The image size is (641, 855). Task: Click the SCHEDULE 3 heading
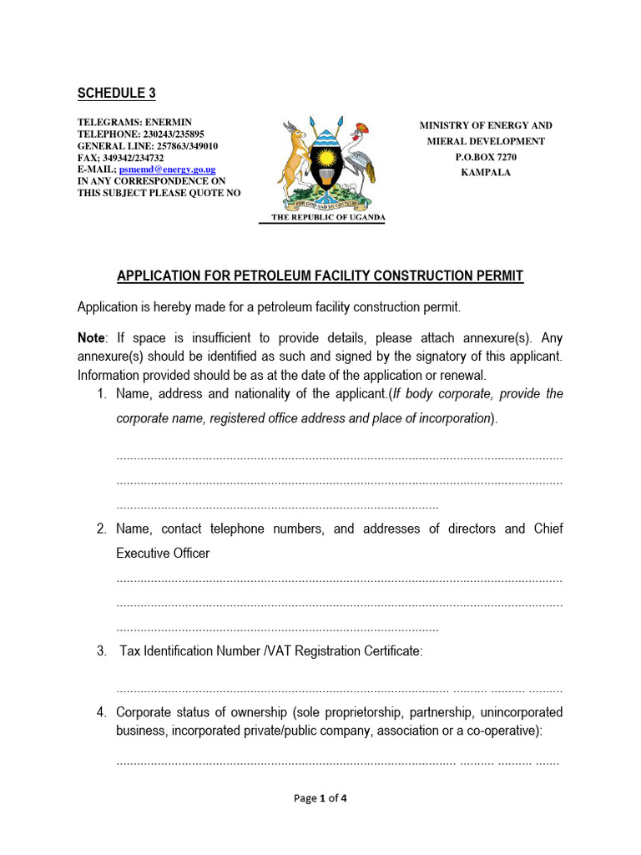click(117, 94)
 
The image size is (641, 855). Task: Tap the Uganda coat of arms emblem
click(322, 164)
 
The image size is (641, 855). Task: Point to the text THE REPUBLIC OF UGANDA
click(328, 217)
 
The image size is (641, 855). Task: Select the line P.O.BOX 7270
click(485, 157)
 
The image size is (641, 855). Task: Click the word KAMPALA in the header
click(485, 173)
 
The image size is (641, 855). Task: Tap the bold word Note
click(92, 338)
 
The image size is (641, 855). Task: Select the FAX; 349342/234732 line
click(121, 158)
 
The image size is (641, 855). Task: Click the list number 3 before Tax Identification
click(101, 651)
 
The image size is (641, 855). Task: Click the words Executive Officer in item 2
click(163, 554)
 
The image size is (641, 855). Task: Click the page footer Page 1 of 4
click(320, 798)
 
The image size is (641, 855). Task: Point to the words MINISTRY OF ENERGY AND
click(485, 125)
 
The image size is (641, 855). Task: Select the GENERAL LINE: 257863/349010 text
click(148, 146)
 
